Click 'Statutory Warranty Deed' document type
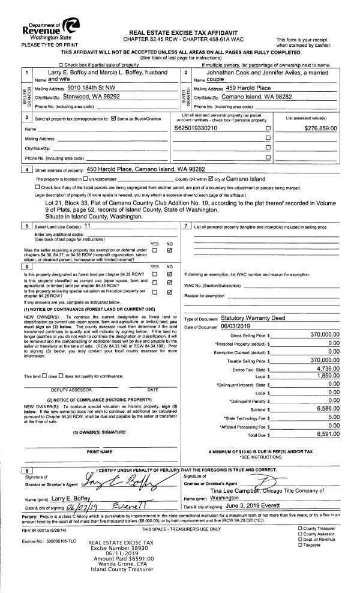point(252,318)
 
